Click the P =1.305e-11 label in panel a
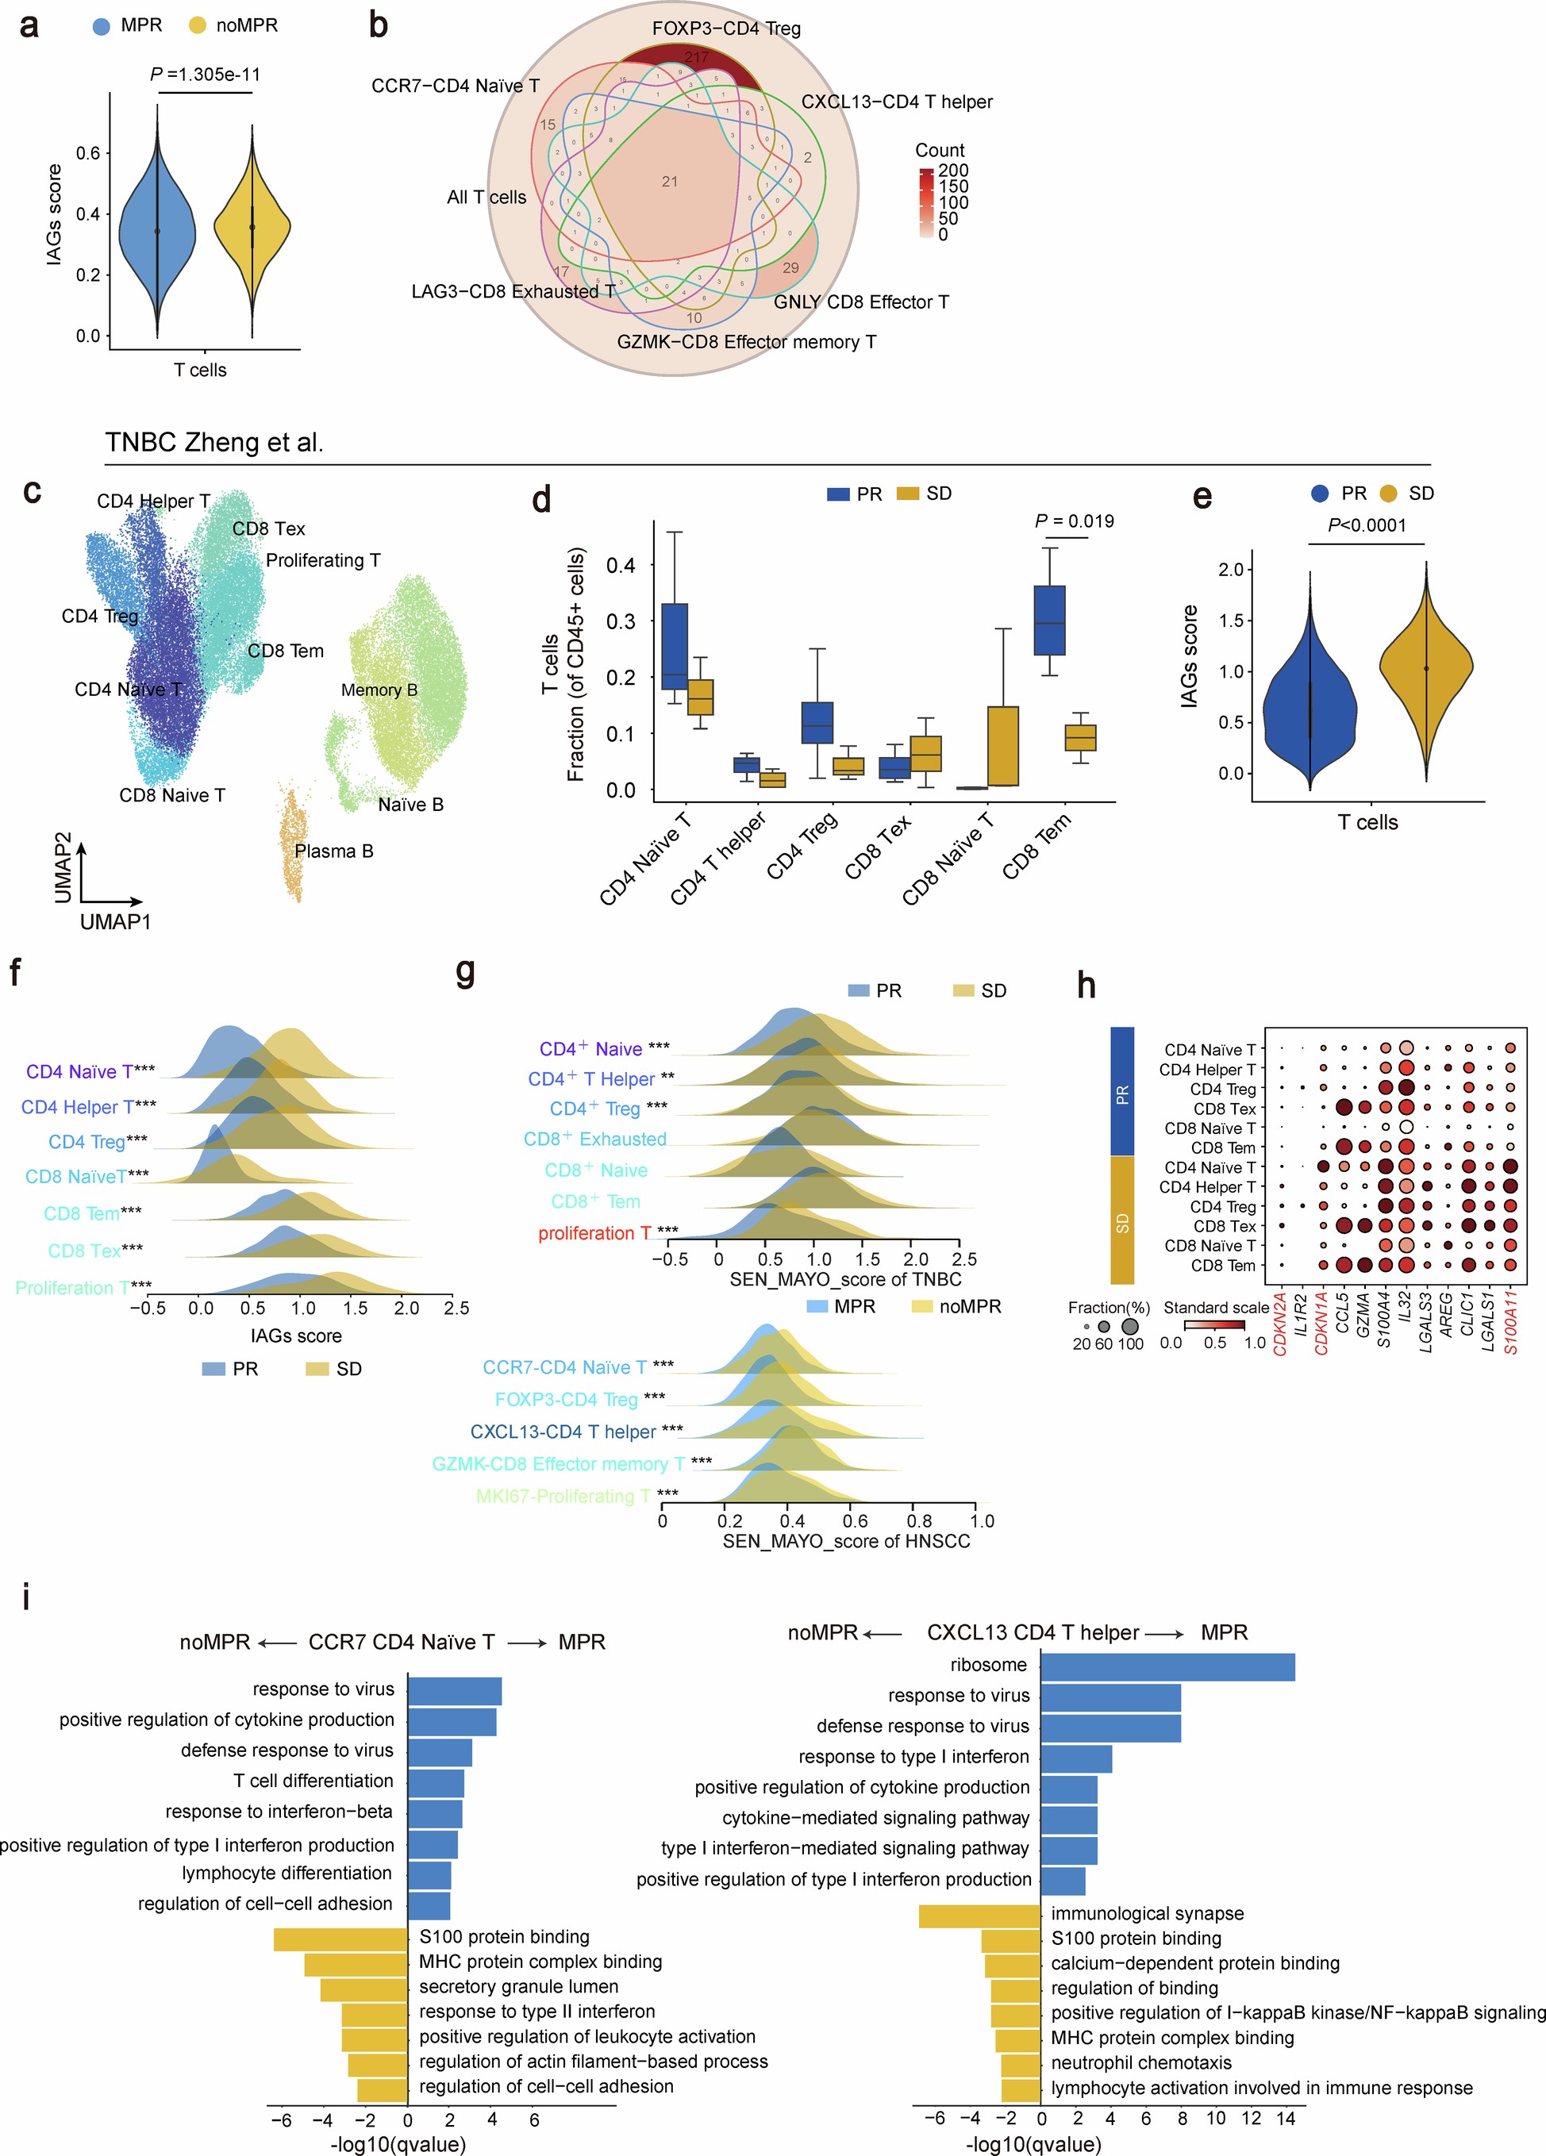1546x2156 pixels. pyautogui.click(x=206, y=74)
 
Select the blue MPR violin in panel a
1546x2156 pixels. pyautogui.click(x=158, y=229)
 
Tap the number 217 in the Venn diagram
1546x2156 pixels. pyautogui.click(x=696, y=58)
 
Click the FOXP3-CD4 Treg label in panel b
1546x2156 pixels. pyautogui.click(x=726, y=29)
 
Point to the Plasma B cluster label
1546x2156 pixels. pyautogui.click(x=334, y=851)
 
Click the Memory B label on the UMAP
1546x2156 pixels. pyautogui.click(x=379, y=690)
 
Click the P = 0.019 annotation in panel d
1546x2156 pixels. pyautogui.click(x=1074, y=521)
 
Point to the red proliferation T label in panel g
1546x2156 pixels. pyautogui.click(x=595, y=1233)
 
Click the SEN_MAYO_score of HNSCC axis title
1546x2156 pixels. pyautogui.click(x=846, y=1541)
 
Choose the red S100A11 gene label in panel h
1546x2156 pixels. pyautogui.click(x=1511, y=1322)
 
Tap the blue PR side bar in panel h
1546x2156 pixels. pyautogui.click(x=1122, y=1092)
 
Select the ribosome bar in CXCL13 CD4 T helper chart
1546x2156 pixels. pyautogui.click(x=1167, y=1666)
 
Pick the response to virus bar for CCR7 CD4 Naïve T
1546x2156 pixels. pyautogui.click(x=455, y=1690)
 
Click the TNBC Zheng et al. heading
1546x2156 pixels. pyautogui.click(x=214, y=443)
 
